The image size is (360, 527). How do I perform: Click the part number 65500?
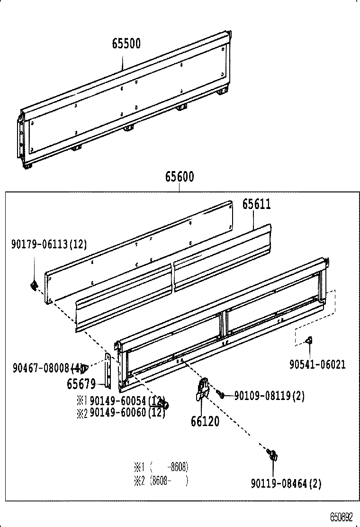(126, 44)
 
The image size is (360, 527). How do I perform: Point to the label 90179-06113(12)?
(49, 244)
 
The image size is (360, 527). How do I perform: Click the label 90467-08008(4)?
(48, 367)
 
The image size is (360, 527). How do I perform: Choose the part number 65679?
(81, 383)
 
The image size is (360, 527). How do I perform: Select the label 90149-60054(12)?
(127, 401)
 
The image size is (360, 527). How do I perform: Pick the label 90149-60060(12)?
(127, 413)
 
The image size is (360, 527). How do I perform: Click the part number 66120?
(205, 420)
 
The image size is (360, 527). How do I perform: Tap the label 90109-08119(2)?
(270, 396)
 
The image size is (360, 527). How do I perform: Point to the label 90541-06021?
(317, 364)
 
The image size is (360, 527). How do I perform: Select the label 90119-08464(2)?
(286, 483)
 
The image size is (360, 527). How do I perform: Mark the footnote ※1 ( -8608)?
(162, 467)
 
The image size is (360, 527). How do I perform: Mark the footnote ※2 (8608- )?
(162, 481)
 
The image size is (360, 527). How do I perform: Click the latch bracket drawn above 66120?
(203, 389)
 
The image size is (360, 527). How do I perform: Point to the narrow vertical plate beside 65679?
(108, 369)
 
